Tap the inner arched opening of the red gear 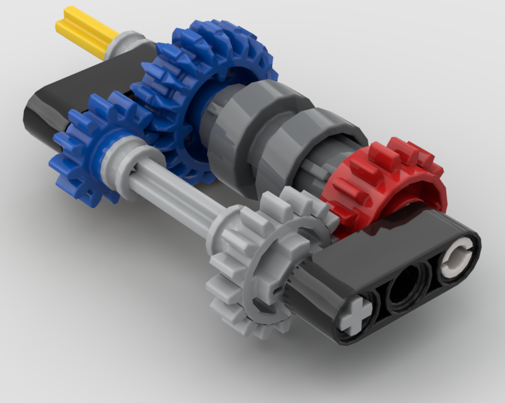click(x=404, y=202)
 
